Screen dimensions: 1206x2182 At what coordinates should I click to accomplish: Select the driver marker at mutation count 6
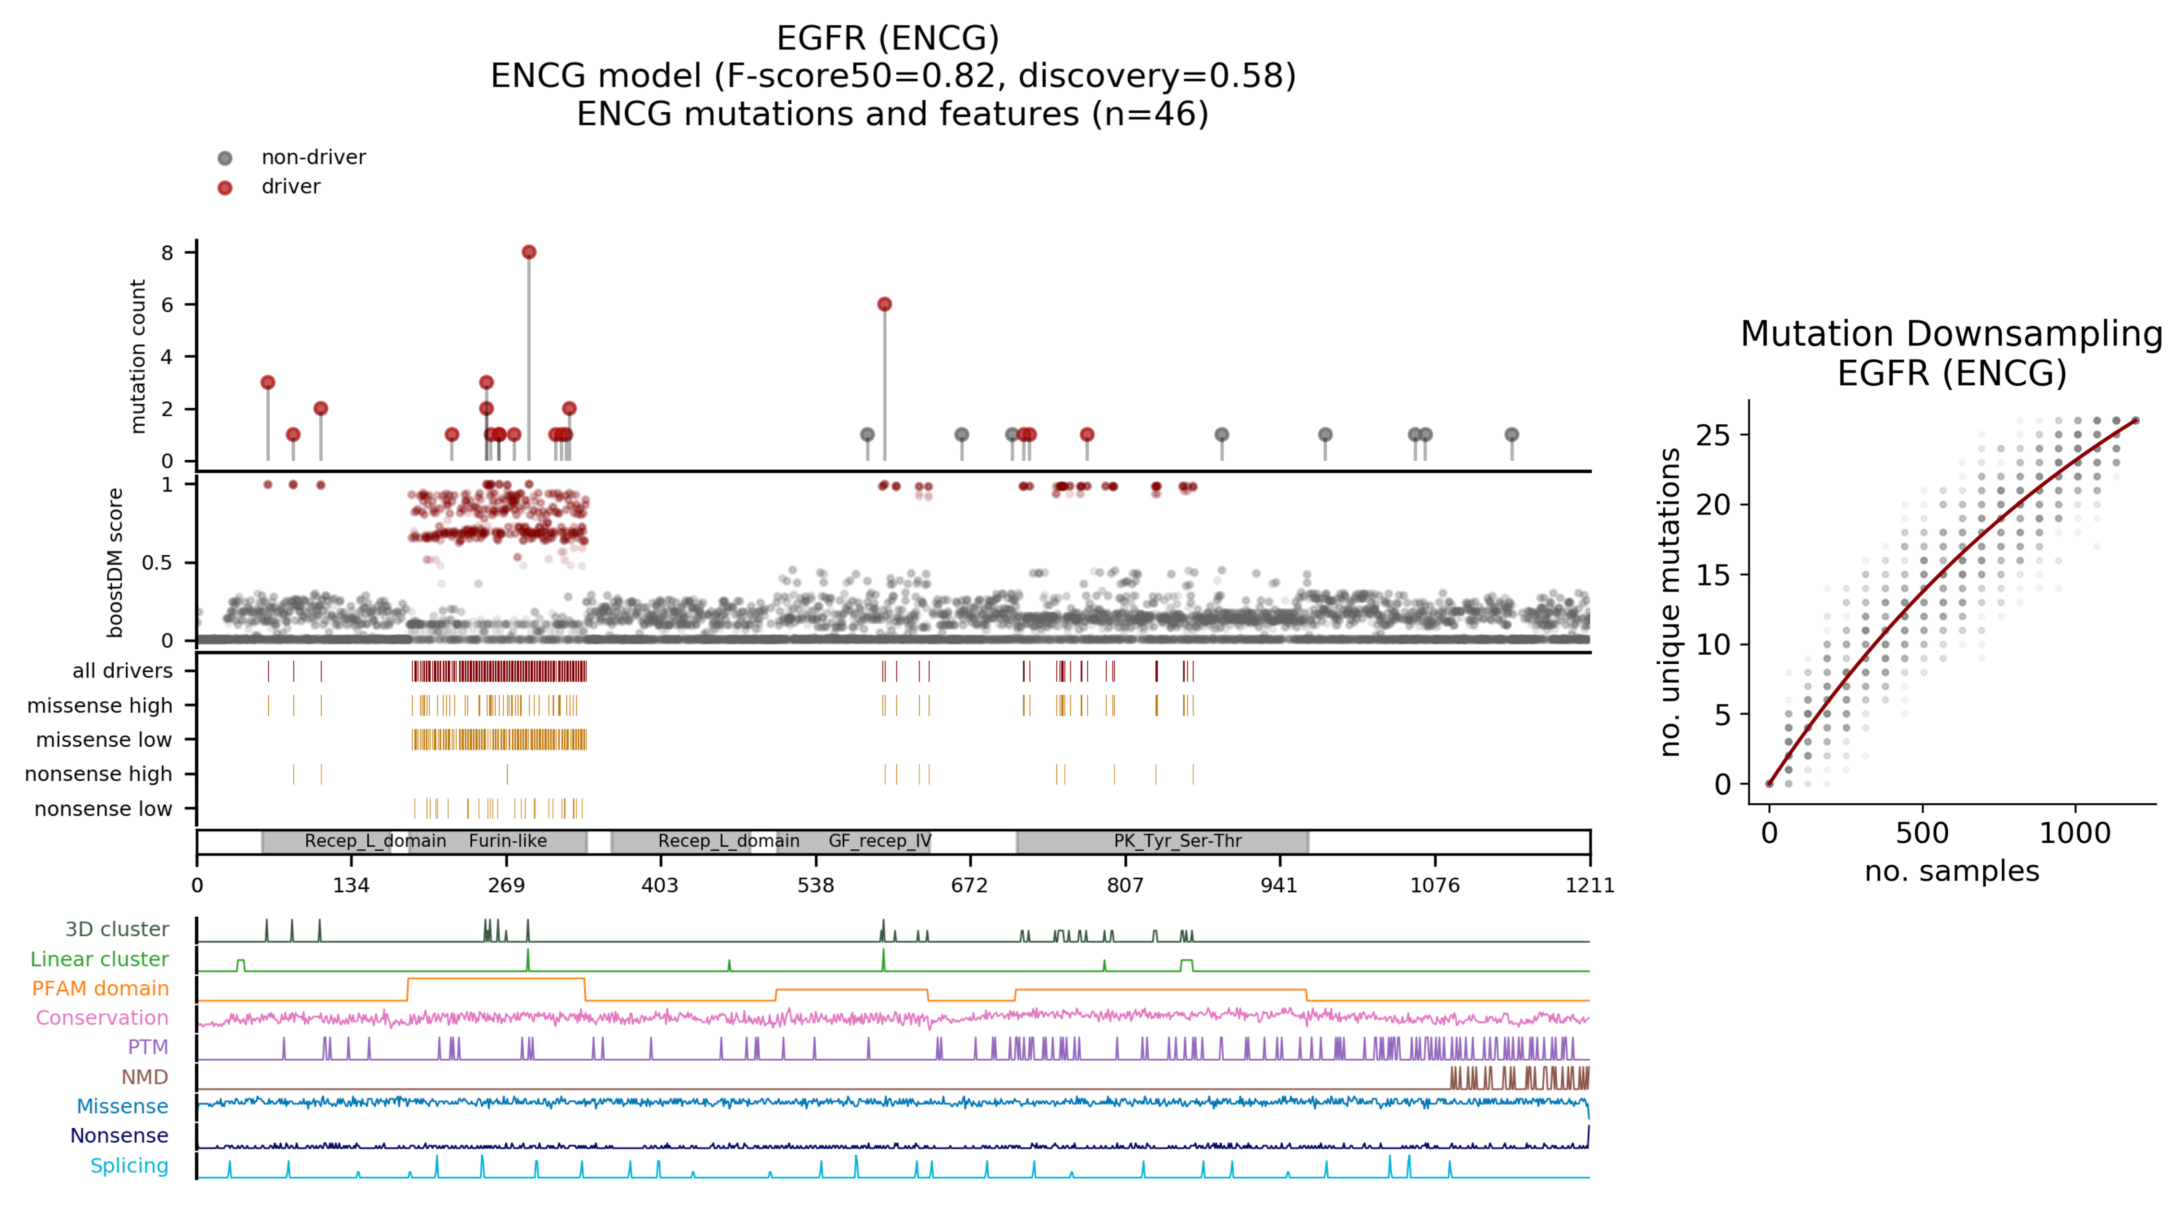[884, 304]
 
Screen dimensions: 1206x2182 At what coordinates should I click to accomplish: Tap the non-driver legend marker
[225, 158]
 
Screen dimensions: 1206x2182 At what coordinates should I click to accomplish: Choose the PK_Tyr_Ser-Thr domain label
[1178, 841]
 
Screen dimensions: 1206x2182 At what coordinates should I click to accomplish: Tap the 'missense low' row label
[103, 740]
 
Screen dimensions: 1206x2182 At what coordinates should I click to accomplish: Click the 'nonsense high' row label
[98, 774]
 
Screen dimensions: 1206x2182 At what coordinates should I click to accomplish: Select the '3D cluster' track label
[117, 929]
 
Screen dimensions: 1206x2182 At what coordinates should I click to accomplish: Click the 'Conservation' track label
[102, 1018]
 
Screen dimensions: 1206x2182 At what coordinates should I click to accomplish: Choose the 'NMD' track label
[144, 1077]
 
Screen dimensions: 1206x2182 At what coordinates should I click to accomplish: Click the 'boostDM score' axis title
[115, 562]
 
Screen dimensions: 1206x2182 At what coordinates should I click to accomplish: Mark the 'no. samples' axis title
[1952, 871]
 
